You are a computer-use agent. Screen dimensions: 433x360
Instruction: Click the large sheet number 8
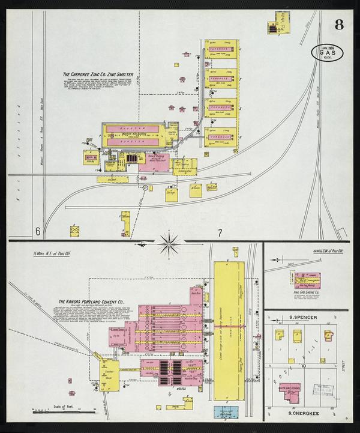pos(339,25)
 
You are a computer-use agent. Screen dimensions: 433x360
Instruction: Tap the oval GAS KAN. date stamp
pos(328,53)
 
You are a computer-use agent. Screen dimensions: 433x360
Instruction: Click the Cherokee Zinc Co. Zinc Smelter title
pos(98,75)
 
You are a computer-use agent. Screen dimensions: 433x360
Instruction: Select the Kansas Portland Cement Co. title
pos(91,302)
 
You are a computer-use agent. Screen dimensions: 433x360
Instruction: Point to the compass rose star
pos(170,243)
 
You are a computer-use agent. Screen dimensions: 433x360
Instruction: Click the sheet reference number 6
pos(37,231)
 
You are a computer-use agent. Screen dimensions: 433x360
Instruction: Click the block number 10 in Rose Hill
pos(304,365)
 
